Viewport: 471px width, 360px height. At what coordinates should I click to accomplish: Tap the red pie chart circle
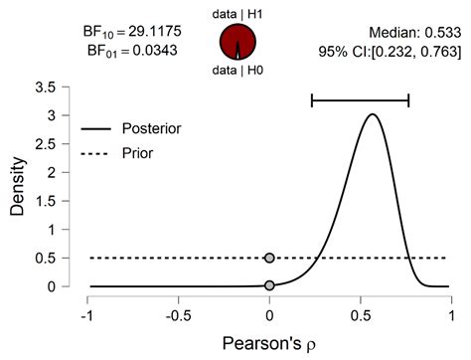(x=236, y=43)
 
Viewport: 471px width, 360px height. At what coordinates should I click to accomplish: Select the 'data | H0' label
(x=236, y=73)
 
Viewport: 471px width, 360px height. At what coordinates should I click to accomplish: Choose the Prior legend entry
(x=139, y=154)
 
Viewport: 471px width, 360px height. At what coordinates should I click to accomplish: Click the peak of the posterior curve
(x=372, y=114)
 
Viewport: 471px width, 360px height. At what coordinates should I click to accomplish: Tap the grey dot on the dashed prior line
(x=269, y=258)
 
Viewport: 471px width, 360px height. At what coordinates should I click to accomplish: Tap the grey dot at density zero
(x=269, y=285)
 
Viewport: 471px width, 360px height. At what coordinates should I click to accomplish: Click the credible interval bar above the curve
(x=360, y=99)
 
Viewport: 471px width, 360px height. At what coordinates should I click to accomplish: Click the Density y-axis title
(x=16, y=187)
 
